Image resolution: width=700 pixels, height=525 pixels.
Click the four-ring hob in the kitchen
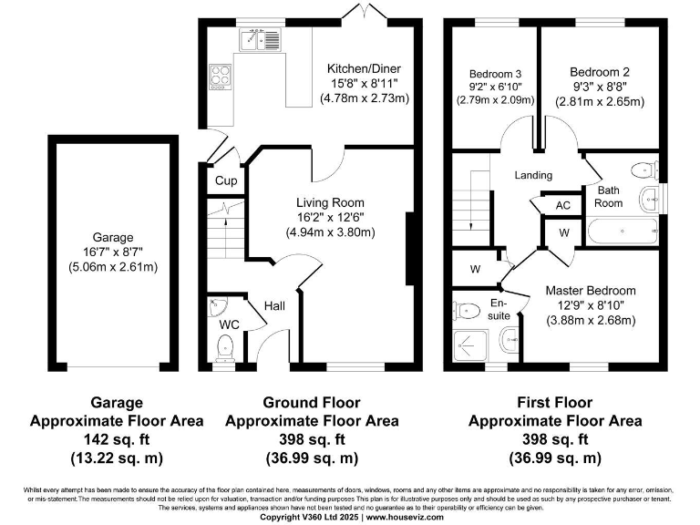coord(221,77)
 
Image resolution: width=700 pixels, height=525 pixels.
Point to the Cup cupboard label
coord(225,180)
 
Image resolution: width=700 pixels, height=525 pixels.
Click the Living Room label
coord(330,202)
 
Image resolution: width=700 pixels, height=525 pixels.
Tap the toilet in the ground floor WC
coord(225,346)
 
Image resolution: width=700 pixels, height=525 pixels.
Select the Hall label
coord(275,306)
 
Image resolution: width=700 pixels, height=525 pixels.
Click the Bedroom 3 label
coord(496,74)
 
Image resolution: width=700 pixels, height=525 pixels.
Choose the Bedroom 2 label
coord(599,72)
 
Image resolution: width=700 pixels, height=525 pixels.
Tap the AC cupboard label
coord(562,205)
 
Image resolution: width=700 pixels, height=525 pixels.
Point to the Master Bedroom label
coord(590,290)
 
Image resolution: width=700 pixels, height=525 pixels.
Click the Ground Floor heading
coord(311,402)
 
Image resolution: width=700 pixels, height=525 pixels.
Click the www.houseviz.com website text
coord(405,517)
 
